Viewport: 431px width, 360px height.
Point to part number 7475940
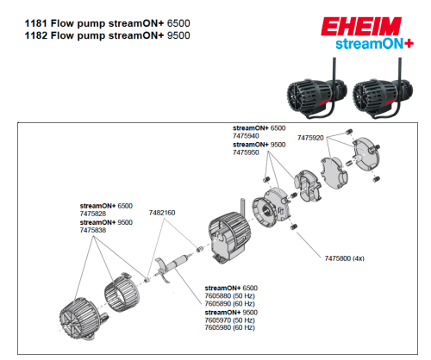(x=247, y=136)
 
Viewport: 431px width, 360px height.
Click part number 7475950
(x=247, y=153)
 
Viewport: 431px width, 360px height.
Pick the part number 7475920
(x=310, y=137)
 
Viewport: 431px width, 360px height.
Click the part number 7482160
(x=162, y=212)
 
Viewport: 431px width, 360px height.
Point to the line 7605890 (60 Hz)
(x=228, y=304)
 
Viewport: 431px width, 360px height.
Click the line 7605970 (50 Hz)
(x=228, y=320)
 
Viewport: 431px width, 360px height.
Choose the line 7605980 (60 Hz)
(x=228, y=328)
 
